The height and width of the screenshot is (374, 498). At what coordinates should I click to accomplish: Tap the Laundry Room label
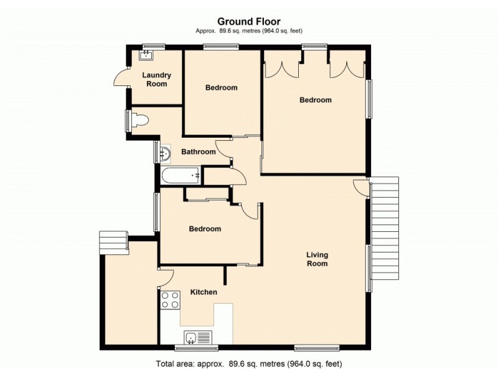pos(156,79)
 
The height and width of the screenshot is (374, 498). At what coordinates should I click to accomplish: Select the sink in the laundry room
pos(145,55)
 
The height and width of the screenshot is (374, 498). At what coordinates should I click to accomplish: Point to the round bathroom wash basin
pos(165,152)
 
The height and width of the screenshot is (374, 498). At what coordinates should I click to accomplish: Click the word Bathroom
pos(198,151)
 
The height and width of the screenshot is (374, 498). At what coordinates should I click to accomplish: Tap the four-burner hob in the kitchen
pos(171,300)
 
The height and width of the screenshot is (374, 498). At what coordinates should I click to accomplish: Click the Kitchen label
pos(204,292)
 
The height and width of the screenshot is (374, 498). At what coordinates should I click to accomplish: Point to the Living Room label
pos(317,259)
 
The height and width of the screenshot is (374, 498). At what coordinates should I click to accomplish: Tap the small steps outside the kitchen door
pos(113,241)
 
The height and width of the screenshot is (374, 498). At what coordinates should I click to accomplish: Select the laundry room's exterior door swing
pos(120,79)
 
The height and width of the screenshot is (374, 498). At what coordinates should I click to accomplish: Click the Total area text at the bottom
pos(248,363)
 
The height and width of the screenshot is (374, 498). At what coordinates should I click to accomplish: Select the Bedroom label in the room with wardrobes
pos(315,100)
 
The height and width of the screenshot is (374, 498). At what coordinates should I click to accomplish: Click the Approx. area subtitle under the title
pos(248,30)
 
